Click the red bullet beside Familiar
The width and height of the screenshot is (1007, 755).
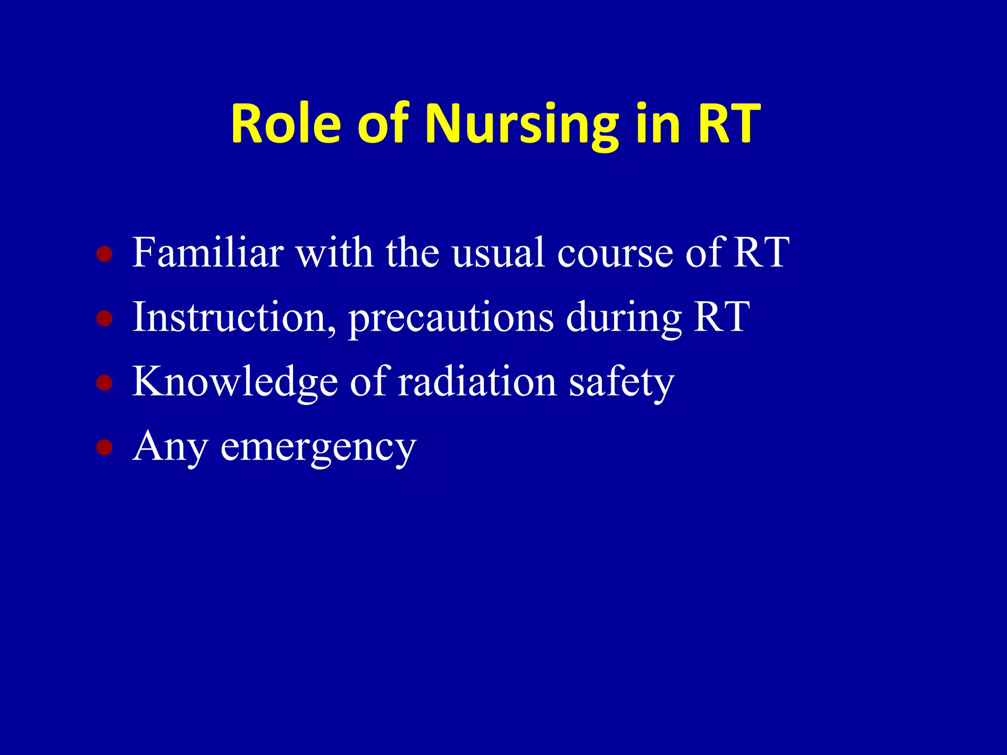point(104,254)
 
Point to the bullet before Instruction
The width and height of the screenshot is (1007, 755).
point(104,319)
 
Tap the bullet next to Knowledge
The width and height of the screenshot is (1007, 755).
point(104,383)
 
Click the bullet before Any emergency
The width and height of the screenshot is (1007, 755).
point(104,447)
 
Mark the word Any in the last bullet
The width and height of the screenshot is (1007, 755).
point(170,447)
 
